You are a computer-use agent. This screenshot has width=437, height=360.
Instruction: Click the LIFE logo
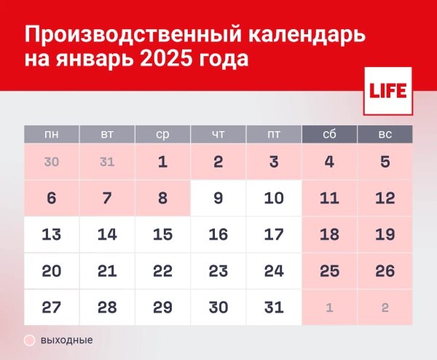(387, 91)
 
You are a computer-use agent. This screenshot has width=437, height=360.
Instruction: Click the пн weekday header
(52, 134)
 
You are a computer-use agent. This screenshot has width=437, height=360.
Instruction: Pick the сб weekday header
(329, 134)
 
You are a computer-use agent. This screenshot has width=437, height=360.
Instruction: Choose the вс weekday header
(385, 134)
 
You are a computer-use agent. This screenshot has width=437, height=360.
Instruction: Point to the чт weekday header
(219, 134)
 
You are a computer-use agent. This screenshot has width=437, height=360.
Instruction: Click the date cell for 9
(219, 198)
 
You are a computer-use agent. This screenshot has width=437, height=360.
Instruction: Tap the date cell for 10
(274, 198)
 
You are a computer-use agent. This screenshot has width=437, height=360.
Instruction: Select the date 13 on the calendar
(52, 235)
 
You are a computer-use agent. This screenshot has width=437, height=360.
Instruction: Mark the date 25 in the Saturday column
(329, 271)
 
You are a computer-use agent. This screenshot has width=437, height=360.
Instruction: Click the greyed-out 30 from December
(52, 162)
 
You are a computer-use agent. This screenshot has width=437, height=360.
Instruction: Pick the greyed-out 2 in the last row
(385, 308)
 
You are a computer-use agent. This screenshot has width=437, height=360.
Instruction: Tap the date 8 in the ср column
(162, 198)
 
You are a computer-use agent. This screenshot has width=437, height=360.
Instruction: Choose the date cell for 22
(162, 271)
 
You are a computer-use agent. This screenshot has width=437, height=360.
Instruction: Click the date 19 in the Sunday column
(385, 235)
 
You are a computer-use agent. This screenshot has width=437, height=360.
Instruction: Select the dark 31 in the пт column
(274, 308)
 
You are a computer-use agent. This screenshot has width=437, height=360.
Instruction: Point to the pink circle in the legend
(30, 340)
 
